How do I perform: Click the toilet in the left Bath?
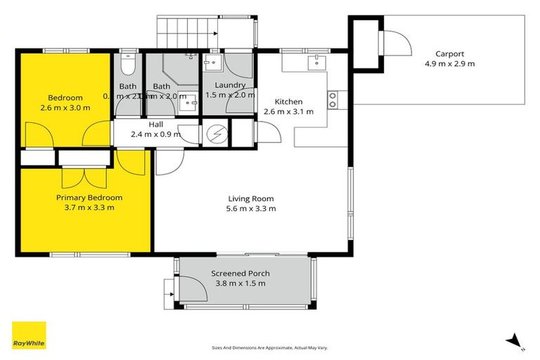click(127, 65)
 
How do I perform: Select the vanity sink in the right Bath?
click(188, 105)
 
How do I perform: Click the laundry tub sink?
click(210, 64)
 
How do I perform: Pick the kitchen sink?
click(316, 63)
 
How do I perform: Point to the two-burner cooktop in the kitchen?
click(333, 99)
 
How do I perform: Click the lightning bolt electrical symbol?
click(215, 134)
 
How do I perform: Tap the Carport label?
click(449, 53)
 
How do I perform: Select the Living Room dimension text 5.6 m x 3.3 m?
click(250, 208)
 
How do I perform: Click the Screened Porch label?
click(240, 274)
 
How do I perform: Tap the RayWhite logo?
click(29, 336)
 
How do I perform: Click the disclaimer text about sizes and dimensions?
click(269, 348)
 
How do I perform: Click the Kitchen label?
click(288, 101)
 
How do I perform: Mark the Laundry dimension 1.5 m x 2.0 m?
click(229, 95)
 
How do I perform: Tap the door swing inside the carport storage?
click(396, 44)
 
